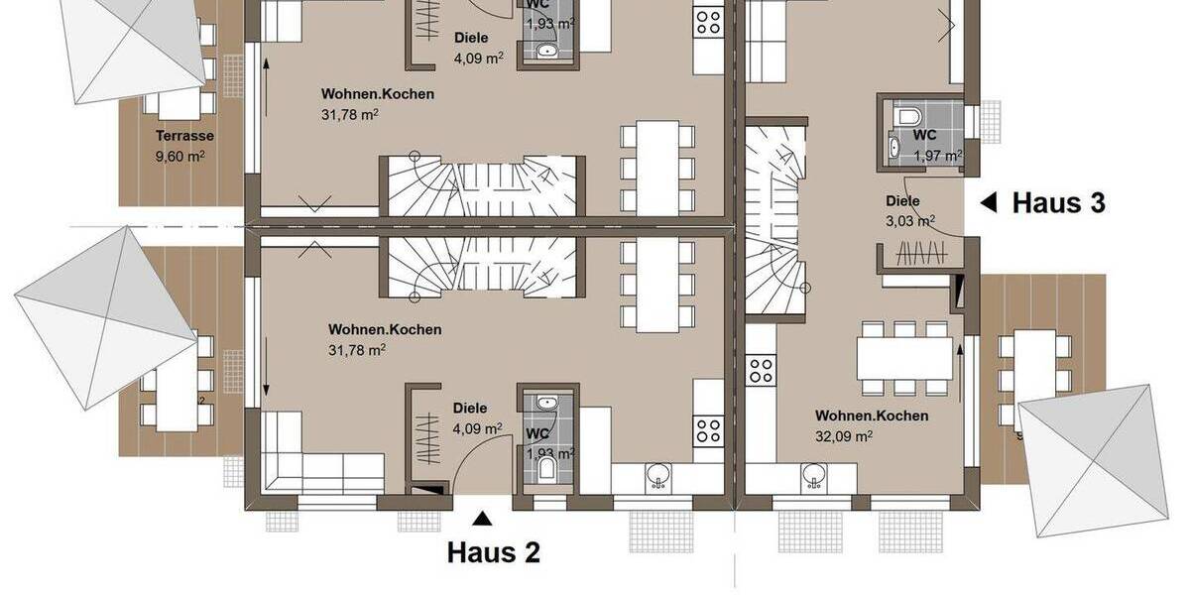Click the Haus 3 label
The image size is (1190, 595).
coord(1058,203)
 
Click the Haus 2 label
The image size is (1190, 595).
coord(494,552)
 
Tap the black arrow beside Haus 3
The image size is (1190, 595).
coord(989,203)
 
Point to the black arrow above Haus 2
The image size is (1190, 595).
coord(482,518)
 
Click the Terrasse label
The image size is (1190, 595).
coord(184,136)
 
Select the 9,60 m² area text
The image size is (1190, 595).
coord(179,156)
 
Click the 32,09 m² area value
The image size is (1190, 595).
coord(844,434)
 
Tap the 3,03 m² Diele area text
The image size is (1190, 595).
coord(909,221)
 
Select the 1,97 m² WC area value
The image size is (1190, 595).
coord(937,155)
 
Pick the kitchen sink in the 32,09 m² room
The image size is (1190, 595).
coord(813,481)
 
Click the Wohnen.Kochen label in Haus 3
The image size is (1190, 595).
coord(872,416)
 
